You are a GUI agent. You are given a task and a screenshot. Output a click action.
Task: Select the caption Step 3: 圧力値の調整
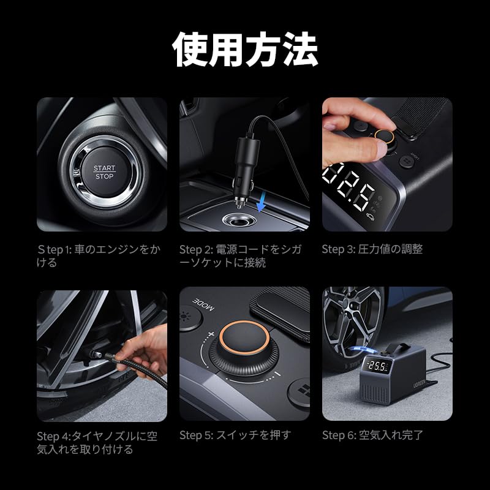pos(372,249)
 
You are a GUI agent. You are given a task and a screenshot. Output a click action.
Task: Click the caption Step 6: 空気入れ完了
pos(372,435)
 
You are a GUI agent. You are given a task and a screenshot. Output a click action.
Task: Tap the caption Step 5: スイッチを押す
pos(235,435)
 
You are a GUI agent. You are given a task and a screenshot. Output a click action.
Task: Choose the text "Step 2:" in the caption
pos(195,249)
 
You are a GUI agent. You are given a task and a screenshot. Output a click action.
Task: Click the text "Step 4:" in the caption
pos(53,436)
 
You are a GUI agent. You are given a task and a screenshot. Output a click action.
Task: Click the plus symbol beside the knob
pos(211,335)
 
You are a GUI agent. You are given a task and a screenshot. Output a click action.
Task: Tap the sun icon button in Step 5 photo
pos(186,318)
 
